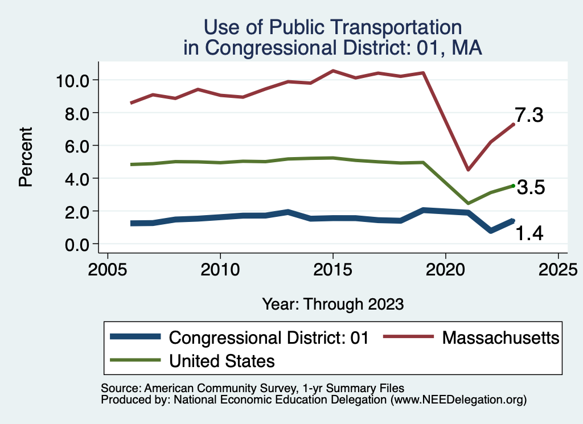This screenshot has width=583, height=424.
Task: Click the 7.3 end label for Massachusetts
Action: (529, 116)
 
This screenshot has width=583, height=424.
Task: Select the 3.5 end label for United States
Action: (531, 187)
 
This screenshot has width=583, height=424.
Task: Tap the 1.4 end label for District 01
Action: (529, 233)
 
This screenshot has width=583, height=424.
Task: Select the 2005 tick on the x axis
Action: (108, 267)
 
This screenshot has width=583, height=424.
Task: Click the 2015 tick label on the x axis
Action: (332, 267)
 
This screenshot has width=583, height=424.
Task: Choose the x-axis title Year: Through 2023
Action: (333, 304)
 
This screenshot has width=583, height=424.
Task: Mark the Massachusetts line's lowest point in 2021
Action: (468, 170)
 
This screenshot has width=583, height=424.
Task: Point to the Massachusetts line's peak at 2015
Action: (332, 71)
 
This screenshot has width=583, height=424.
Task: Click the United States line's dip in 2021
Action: (468, 203)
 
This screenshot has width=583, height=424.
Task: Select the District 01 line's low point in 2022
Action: (491, 230)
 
